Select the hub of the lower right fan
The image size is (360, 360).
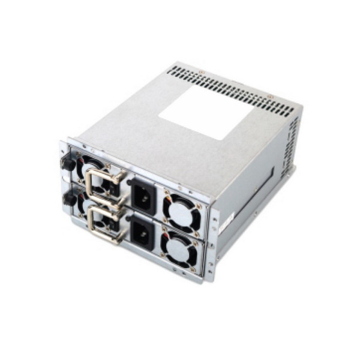tap(179, 247)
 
